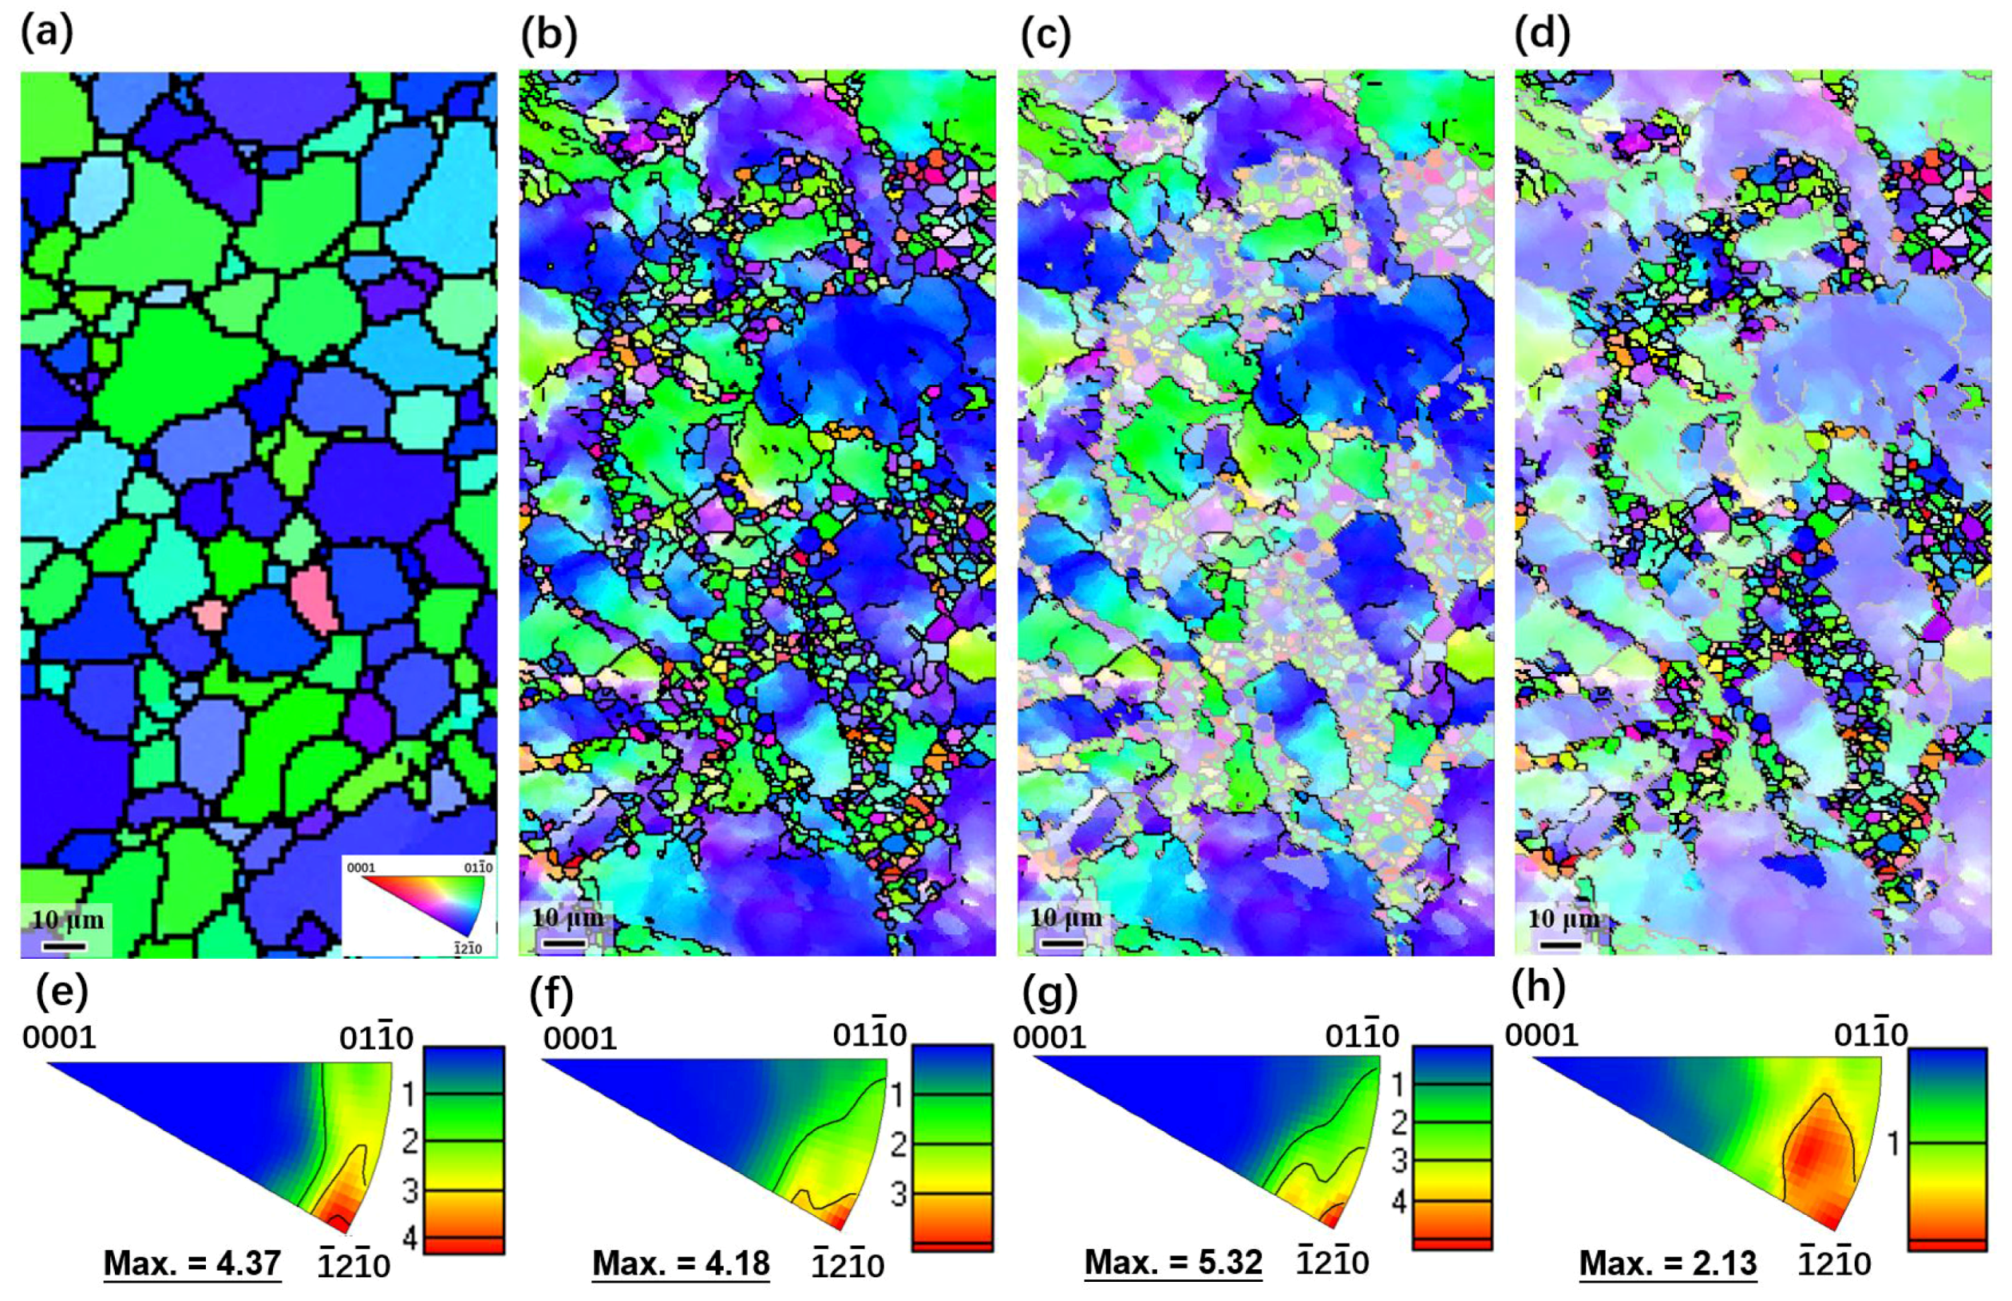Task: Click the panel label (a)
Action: pyautogui.click(x=47, y=34)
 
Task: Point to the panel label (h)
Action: pyautogui.click(x=1538, y=987)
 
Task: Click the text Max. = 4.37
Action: pyautogui.click(x=192, y=1263)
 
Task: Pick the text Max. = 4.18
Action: pyautogui.click(x=680, y=1263)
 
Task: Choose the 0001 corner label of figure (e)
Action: pyautogui.click(x=59, y=1038)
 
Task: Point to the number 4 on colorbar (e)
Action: pyautogui.click(x=410, y=1240)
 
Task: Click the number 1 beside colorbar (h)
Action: pyautogui.click(x=1893, y=1144)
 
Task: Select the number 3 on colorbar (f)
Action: pyautogui.click(x=899, y=1193)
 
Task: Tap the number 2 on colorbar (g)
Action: pyautogui.click(x=1398, y=1122)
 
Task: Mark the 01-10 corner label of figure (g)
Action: pyautogui.click(x=1362, y=1035)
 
